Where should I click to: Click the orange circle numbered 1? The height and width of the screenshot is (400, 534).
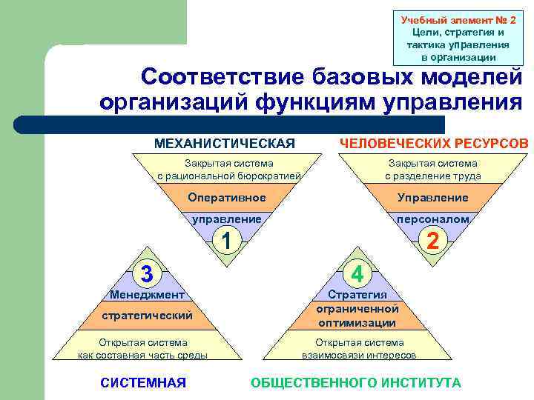pyautogui.click(x=228, y=240)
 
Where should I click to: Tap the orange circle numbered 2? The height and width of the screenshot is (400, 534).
pyautogui.click(x=432, y=240)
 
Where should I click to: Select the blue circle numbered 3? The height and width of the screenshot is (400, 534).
pyautogui.click(x=147, y=273)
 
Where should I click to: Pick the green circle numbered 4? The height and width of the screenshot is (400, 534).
pyautogui.click(x=357, y=273)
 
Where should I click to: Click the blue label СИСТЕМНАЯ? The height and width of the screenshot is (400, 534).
pyautogui.click(x=142, y=382)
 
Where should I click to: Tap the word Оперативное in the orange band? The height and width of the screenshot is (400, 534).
pyautogui.click(x=227, y=198)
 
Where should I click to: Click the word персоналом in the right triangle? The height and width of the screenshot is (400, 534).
pyautogui.click(x=432, y=219)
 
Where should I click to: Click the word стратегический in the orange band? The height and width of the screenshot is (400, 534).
pyautogui.click(x=147, y=316)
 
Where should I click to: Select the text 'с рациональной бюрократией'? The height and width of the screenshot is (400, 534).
pyautogui.click(x=228, y=176)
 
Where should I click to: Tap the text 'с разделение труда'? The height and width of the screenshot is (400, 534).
pyautogui.click(x=432, y=176)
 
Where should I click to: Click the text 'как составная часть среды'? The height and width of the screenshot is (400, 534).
pyautogui.click(x=143, y=355)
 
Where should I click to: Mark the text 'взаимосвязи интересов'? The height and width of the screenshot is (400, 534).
pyautogui.click(x=359, y=355)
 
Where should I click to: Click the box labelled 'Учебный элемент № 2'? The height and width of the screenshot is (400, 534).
pyautogui.click(x=454, y=37)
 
